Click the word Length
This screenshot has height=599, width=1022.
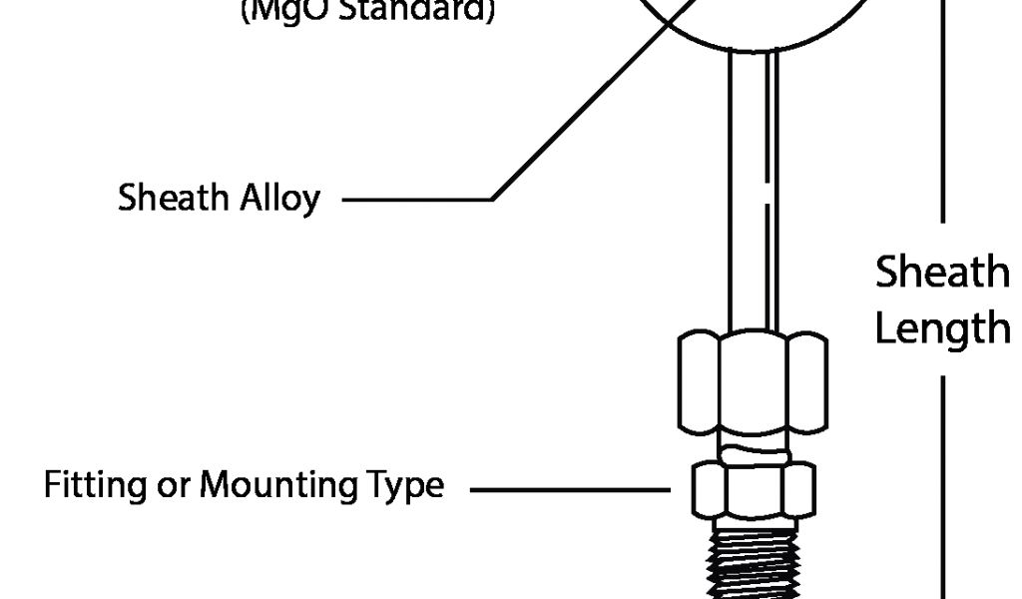(942, 328)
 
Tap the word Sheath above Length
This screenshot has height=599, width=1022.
(942, 272)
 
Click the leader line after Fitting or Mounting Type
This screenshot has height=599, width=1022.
(569, 490)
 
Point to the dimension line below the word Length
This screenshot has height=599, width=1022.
(944, 479)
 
